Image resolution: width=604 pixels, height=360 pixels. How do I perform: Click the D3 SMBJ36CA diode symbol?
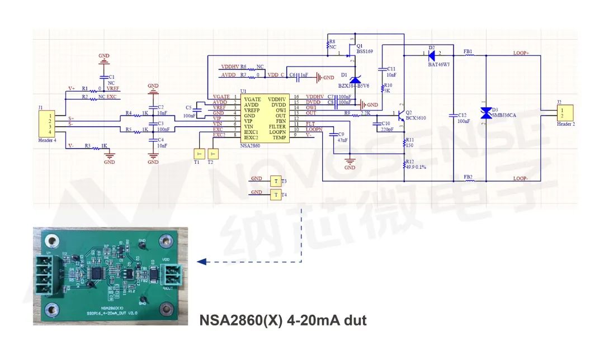[x=486, y=113]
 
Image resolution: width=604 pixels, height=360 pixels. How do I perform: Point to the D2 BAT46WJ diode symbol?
[x=431, y=55]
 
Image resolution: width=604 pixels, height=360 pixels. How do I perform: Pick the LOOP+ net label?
[x=521, y=53]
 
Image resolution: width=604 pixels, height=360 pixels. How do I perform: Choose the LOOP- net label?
[x=521, y=178]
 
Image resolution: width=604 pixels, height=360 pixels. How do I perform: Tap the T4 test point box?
[x=275, y=194]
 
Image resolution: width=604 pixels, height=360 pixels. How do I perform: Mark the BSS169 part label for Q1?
[x=365, y=51]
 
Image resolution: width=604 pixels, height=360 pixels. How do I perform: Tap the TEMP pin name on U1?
[x=279, y=137]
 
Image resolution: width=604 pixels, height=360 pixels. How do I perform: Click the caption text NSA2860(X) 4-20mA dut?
[x=283, y=320]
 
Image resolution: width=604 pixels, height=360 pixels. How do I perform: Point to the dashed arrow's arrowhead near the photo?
[x=200, y=261]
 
